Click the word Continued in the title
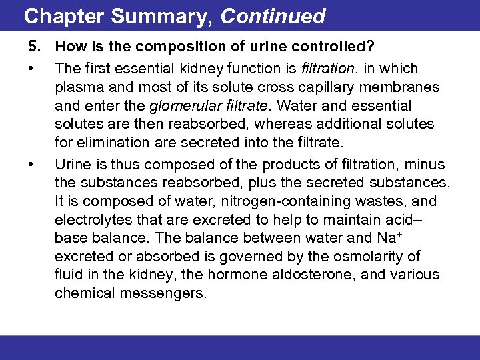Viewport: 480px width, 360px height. coord(273,16)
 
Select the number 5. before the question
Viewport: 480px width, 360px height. coord(34,47)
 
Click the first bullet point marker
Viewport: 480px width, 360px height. coord(31,69)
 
